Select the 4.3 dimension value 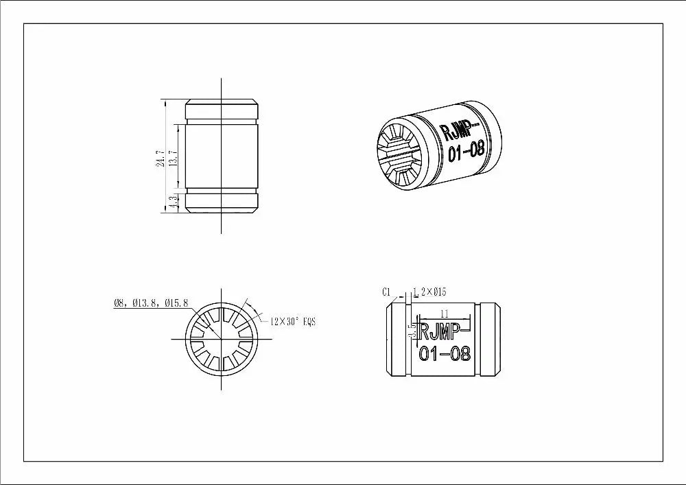tap(174, 202)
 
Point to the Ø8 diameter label tap(120, 303)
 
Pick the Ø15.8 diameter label tap(176, 303)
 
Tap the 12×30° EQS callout tap(293, 321)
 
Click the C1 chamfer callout tap(386, 292)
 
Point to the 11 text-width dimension tap(444, 313)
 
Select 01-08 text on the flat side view tap(445, 354)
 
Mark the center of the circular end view tap(222, 339)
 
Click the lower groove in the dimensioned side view tap(222, 189)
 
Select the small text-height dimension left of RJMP tap(412, 331)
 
